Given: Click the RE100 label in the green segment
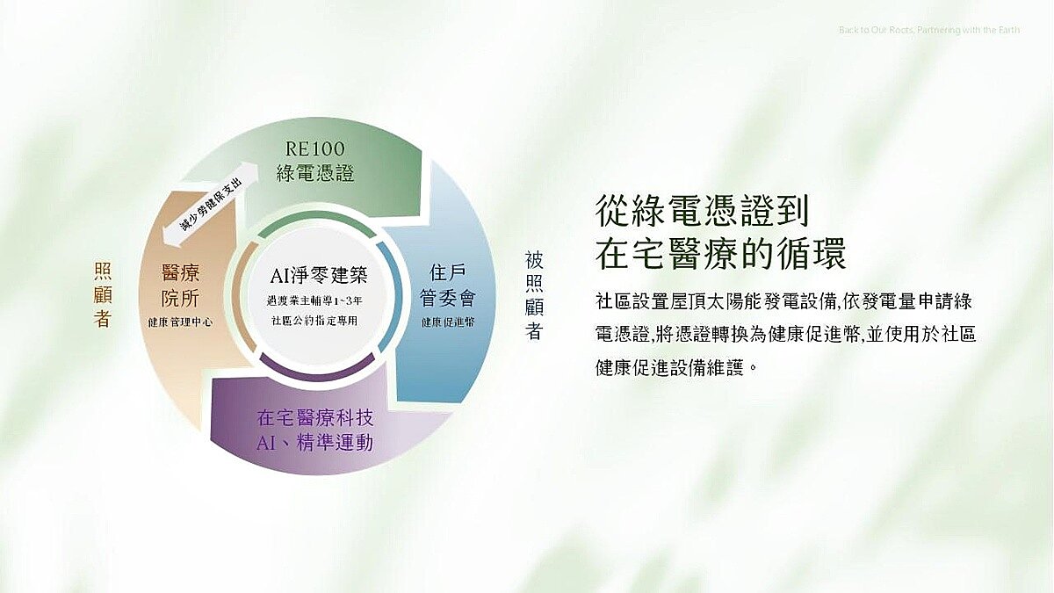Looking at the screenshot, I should [x=315, y=147].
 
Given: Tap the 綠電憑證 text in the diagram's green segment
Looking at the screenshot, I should [x=315, y=173].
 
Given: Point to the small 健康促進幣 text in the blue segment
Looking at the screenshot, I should [x=447, y=322].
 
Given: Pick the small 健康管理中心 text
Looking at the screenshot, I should [x=180, y=322].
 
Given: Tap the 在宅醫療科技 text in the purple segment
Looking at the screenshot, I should [x=315, y=417].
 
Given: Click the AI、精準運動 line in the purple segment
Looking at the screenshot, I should [x=315, y=443].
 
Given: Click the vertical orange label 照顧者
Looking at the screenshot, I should [x=103, y=294].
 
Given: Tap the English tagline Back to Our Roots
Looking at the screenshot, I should [x=929, y=31].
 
